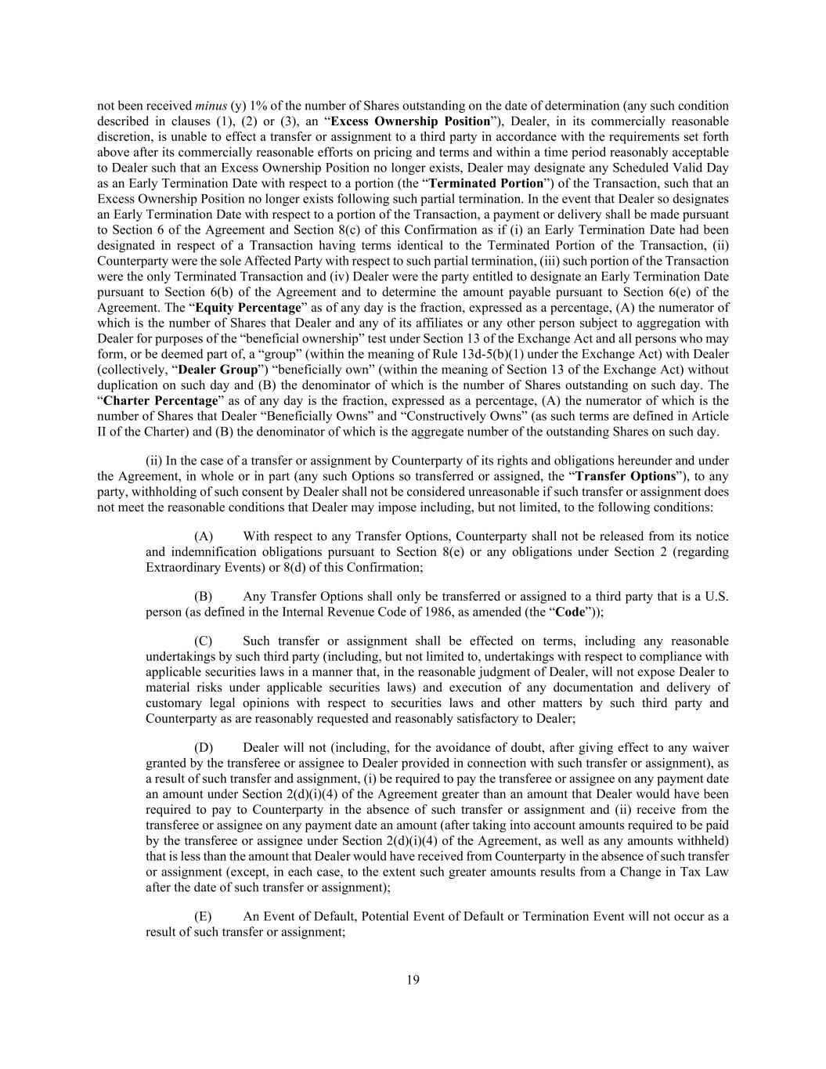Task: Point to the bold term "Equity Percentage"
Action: [x=247, y=308]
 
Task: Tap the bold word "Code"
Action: [x=570, y=612]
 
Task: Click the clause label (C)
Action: [x=204, y=641]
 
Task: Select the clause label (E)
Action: [x=203, y=916]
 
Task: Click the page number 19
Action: [x=413, y=980]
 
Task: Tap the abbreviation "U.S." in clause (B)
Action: [x=716, y=597]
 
